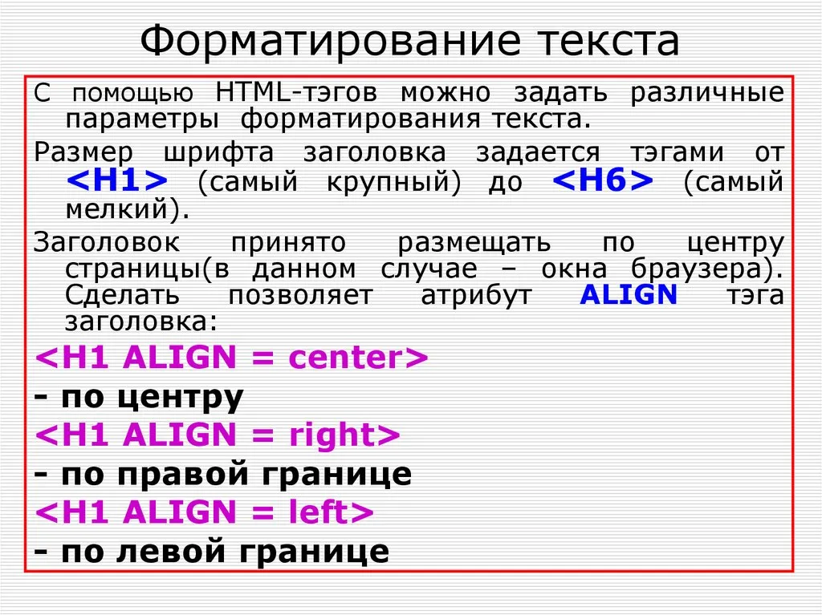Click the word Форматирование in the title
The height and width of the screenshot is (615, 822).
pos(330,42)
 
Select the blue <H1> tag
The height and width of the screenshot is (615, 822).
pos(117,180)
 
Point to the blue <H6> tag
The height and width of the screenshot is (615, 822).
pos(603,180)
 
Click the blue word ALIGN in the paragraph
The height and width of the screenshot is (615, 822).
pos(629,294)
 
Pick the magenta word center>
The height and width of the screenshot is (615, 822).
pos(358,358)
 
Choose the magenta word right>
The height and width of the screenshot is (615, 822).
pos(344,436)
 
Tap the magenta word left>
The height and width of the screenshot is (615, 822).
pos(332,512)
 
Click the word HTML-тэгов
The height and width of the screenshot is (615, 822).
pos(296,93)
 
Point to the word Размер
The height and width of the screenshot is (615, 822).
pos(83,153)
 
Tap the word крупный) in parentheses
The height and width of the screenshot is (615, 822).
pos(393,182)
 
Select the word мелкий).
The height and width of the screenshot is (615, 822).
pos(128,209)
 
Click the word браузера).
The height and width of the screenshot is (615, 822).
pos(707,269)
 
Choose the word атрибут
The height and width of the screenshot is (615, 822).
pos(476,296)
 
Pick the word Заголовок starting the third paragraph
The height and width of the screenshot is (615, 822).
pos(107,242)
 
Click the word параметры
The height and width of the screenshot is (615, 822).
pos(142,120)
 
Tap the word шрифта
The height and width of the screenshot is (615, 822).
pos(218,153)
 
